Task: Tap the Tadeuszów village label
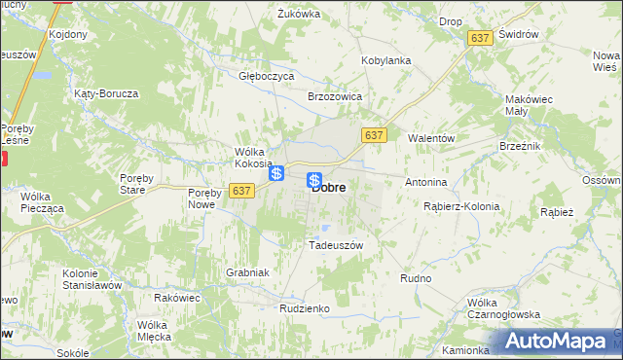[x=335, y=245]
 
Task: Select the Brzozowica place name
[x=335, y=97]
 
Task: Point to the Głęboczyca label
[x=267, y=75]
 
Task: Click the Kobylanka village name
[x=386, y=60]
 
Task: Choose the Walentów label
[x=431, y=139]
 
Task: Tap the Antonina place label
[x=425, y=182]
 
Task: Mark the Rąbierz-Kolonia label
[x=461, y=206]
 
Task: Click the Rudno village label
[x=416, y=278]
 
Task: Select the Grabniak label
[x=246, y=273]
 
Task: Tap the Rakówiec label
[x=176, y=298]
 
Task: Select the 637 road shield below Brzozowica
[x=374, y=134]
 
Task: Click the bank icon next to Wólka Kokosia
[x=277, y=173]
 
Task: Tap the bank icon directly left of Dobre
[x=314, y=180]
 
